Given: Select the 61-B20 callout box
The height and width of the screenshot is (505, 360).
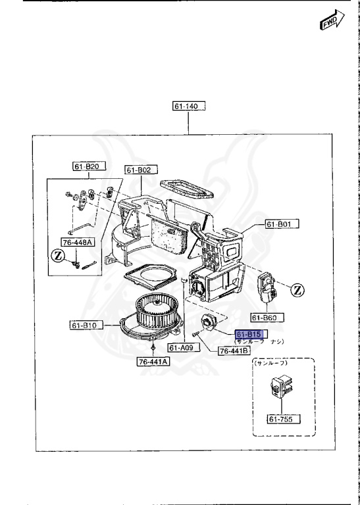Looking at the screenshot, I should [x=87, y=166].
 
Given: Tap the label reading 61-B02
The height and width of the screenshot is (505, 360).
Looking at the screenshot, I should [x=139, y=170].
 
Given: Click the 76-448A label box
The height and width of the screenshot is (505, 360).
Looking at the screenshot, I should [x=78, y=242].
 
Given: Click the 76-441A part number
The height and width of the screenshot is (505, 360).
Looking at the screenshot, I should [x=153, y=361].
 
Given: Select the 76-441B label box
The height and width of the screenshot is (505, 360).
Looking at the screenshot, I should [x=233, y=351].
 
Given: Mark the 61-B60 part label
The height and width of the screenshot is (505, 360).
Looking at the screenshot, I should [x=267, y=318].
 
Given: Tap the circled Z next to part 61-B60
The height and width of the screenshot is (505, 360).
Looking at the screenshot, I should [x=297, y=289].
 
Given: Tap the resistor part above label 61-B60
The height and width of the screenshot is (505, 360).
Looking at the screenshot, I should [x=268, y=287].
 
